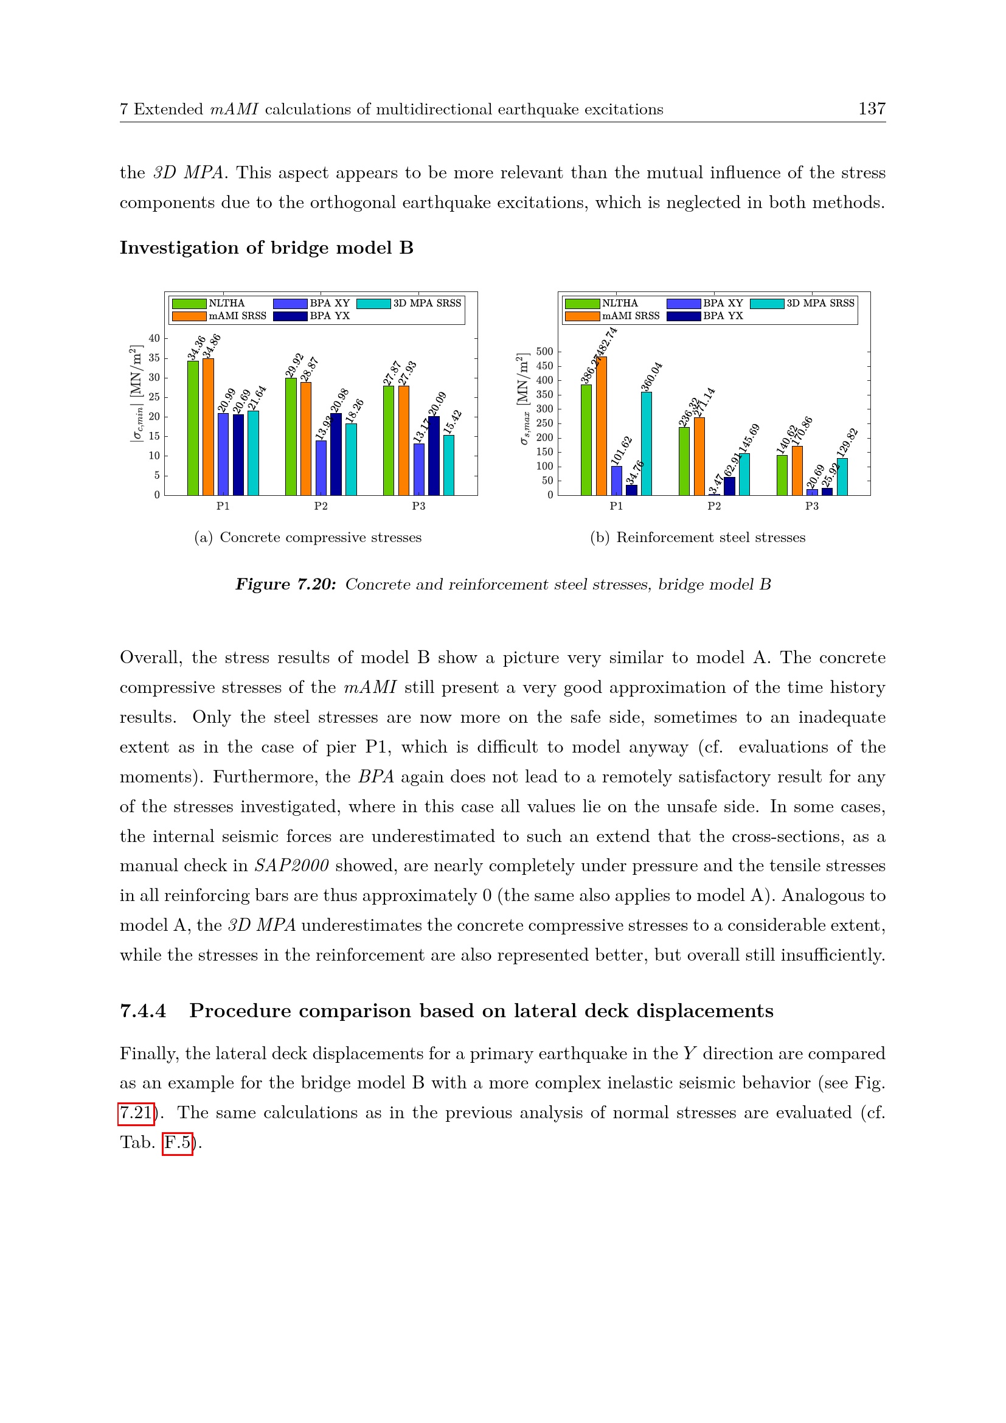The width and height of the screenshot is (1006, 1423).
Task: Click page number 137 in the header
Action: pos(871,109)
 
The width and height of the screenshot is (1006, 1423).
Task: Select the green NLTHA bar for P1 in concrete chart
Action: pos(193,428)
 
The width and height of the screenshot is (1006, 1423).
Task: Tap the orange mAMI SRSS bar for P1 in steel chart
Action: pos(602,426)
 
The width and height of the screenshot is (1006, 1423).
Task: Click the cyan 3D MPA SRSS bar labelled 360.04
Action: pos(646,444)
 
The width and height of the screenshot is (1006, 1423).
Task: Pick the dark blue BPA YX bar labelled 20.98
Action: pos(336,454)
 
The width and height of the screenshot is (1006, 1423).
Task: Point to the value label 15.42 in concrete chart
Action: pos(454,422)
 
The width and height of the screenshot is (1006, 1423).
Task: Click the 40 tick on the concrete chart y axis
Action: pos(154,338)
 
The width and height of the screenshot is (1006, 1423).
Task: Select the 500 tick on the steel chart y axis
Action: pos(544,352)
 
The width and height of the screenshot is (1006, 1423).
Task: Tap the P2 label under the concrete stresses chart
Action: pos(321,506)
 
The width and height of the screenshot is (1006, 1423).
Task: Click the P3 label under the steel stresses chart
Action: pos(811,506)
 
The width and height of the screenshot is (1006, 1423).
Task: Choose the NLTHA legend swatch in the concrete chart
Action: pos(189,304)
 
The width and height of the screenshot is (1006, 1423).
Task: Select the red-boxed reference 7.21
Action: pos(136,1113)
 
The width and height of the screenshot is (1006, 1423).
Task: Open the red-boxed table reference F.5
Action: pos(178,1143)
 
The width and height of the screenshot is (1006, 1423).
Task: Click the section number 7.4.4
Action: pos(143,1011)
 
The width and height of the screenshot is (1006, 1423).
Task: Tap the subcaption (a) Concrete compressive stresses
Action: pos(308,538)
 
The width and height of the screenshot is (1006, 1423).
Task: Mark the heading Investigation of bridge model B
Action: pos(266,248)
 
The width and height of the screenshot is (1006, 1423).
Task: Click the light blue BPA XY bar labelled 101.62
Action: pos(616,481)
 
